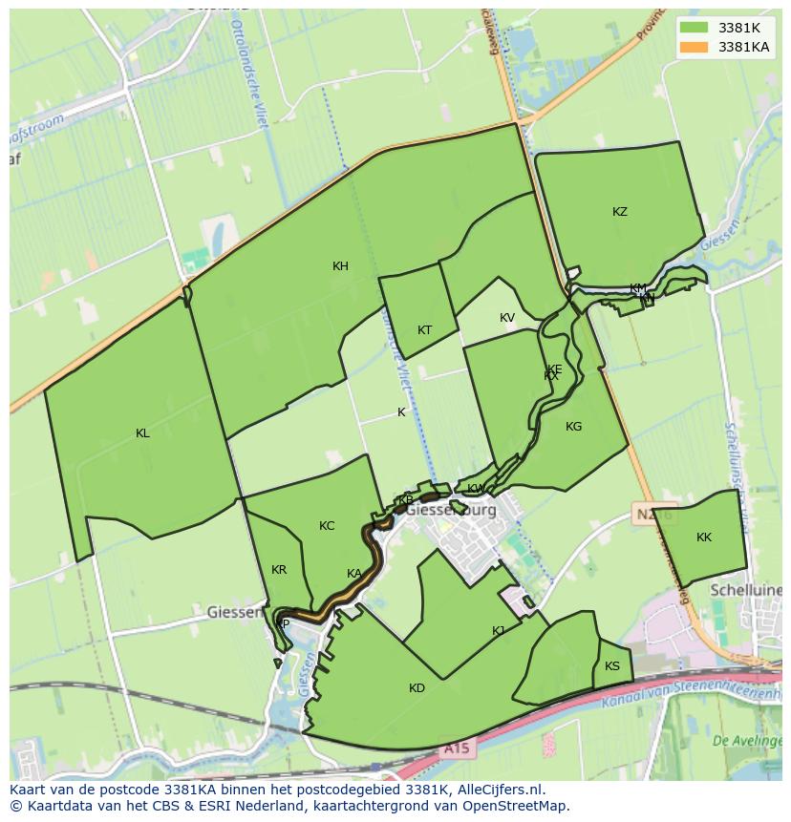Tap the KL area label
pyautogui.click(x=142, y=433)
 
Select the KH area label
pyautogui.click(x=340, y=266)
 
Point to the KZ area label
pyautogui.click(x=620, y=212)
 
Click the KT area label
pyautogui.click(x=424, y=330)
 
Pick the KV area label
pyautogui.click(x=506, y=318)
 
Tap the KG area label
pyautogui.click(x=573, y=427)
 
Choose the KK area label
pyautogui.click(x=704, y=537)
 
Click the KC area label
pyautogui.click(x=327, y=526)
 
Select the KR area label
pyautogui.click(x=278, y=570)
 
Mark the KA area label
pyautogui.click(x=353, y=574)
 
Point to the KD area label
pyautogui.click(x=417, y=688)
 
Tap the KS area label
pyautogui.click(x=612, y=666)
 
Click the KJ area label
pyautogui.click(x=498, y=631)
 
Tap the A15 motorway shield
pyautogui.click(x=456, y=749)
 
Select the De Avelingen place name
pyautogui.click(x=748, y=740)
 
